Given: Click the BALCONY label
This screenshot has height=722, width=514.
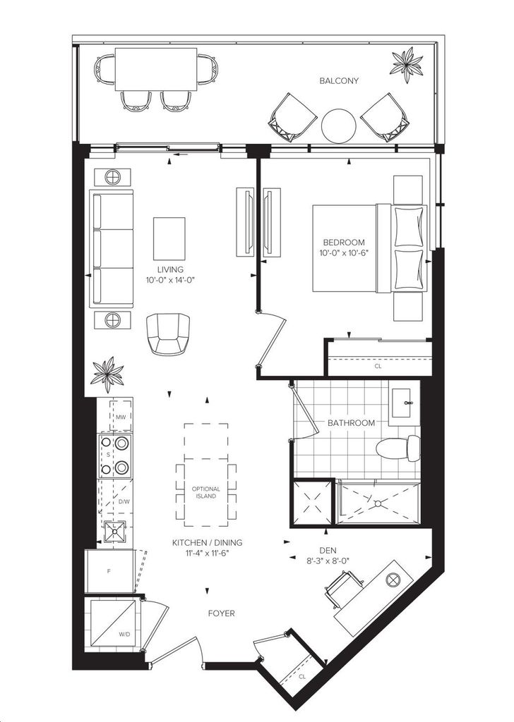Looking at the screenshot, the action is click(x=339, y=81).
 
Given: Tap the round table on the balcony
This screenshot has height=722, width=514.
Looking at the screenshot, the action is click(x=339, y=126).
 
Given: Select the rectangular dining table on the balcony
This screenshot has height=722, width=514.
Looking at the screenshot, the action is click(x=156, y=70).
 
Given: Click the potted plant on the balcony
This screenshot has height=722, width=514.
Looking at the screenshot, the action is click(x=407, y=65).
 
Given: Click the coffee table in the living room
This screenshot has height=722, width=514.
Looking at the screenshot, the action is click(x=169, y=238).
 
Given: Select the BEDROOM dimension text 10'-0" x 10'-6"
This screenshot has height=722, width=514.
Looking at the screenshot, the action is click(x=344, y=253).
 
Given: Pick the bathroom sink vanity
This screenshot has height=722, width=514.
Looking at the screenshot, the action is click(x=405, y=403).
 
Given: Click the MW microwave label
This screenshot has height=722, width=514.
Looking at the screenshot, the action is click(x=121, y=417).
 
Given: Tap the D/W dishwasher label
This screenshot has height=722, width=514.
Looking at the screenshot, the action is click(x=124, y=501).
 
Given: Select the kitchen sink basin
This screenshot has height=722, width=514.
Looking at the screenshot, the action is click(x=114, y=532).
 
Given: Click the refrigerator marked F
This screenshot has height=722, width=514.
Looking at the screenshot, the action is click(x=110, y=571).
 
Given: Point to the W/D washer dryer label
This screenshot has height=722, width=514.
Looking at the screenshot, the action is click(x=124, y=634).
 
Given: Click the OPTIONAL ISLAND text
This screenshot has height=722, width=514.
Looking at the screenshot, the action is click(x=206, y=492).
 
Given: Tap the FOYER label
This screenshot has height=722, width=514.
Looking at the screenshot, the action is click(x=221, y=613).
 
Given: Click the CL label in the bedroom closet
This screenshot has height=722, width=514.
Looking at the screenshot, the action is click(x=378, y=367).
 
